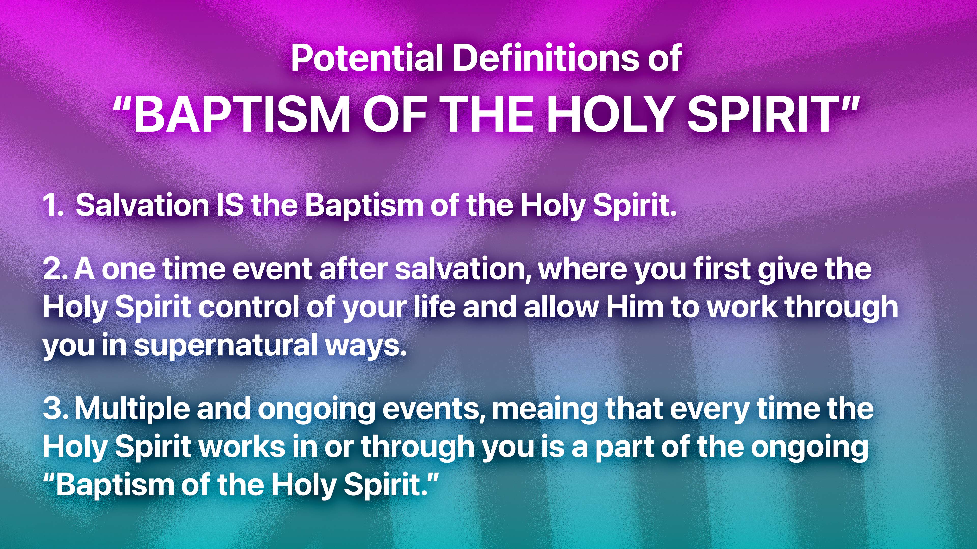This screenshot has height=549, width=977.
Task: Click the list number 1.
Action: coord(53,205)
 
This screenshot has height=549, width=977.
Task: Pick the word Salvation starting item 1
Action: coord(142,205)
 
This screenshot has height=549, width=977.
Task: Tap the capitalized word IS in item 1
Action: coord(230,205)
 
